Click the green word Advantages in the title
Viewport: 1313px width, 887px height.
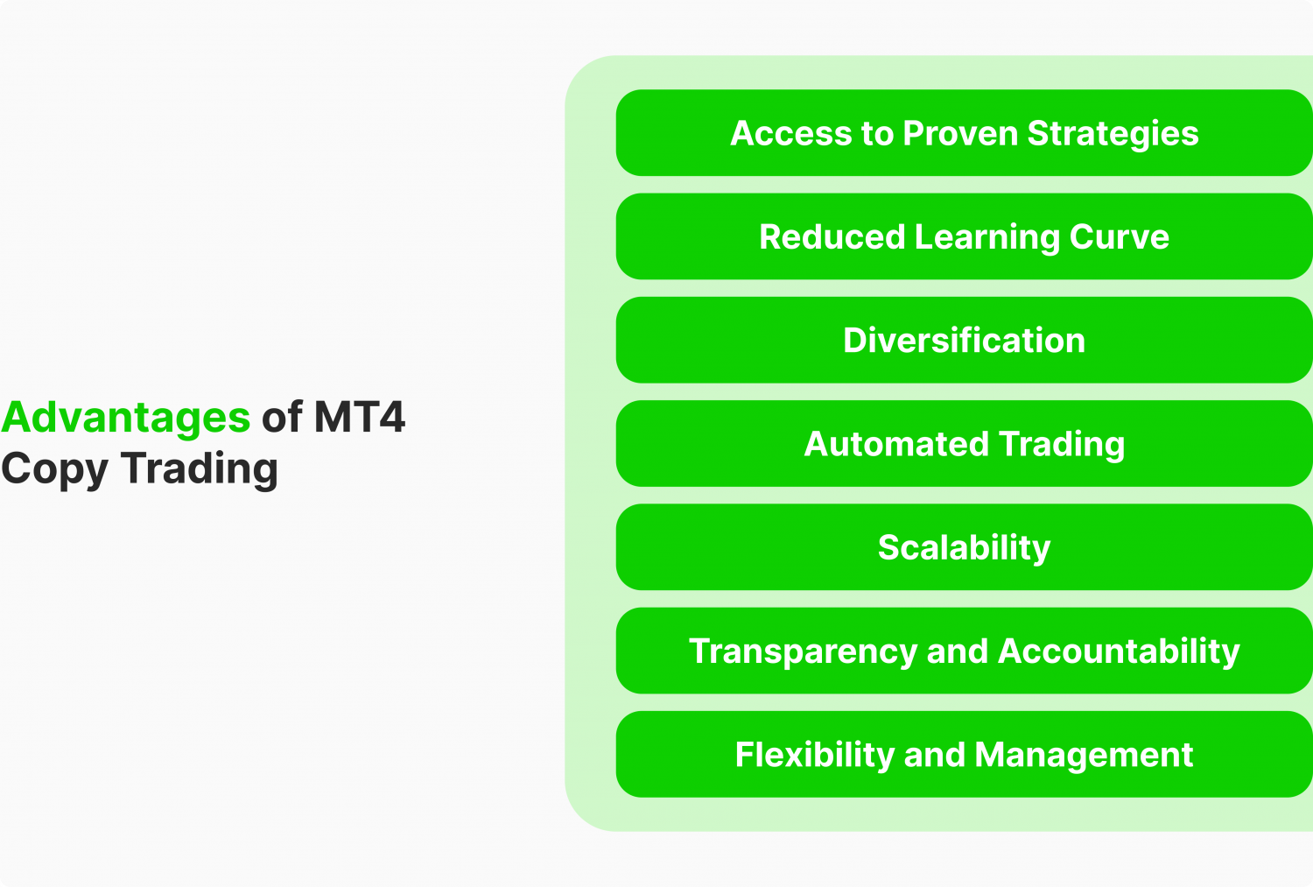coord(126,418)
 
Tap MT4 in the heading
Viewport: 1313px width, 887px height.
coord(359,418)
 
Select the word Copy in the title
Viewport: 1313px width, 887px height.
coord(54,469)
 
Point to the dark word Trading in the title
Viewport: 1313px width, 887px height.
coord(200,468)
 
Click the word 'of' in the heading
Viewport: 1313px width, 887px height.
coord(282,418)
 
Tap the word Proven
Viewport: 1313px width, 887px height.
coord(960,134)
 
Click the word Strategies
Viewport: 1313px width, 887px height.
coord(1113,134)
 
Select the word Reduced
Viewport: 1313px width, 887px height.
coord(832,237)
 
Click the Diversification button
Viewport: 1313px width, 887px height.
coord(964,341)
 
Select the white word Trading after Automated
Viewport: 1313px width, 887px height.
coord(1061,444)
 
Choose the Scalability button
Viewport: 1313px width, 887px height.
coord(964,548)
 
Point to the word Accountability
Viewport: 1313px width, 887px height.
coord(1119,651)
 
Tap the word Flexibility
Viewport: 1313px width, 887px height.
coord(813,755)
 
